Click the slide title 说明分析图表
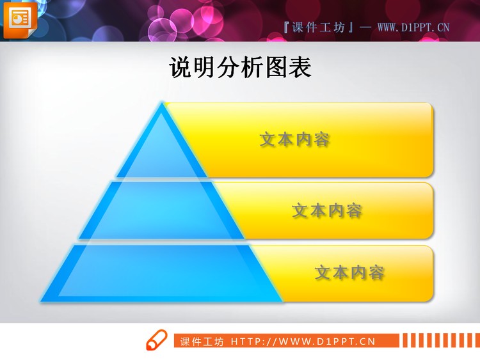click(x=240, y=68)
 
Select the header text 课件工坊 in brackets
click(x=318, y=27)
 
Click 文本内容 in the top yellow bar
click(x=295, y=139)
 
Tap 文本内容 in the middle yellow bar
click(x=327, y=210)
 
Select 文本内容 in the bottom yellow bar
click(x=349, y=272)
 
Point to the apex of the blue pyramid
click(x=162, y=104)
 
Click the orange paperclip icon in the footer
click(x=156, y=341)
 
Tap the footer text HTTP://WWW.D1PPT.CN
click(x=303, y=341)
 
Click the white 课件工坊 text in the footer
click(x=202, y=341)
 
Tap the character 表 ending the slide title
click(x=300, y=68)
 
